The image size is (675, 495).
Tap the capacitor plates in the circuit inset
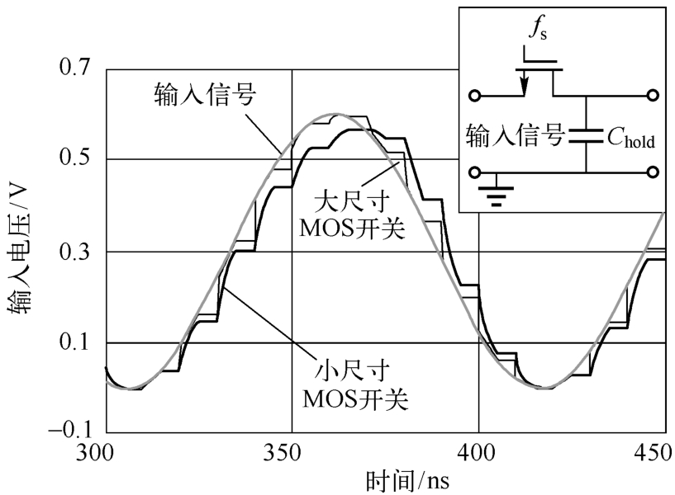coord(585,134)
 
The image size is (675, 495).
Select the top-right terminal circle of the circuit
coord(653,96)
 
